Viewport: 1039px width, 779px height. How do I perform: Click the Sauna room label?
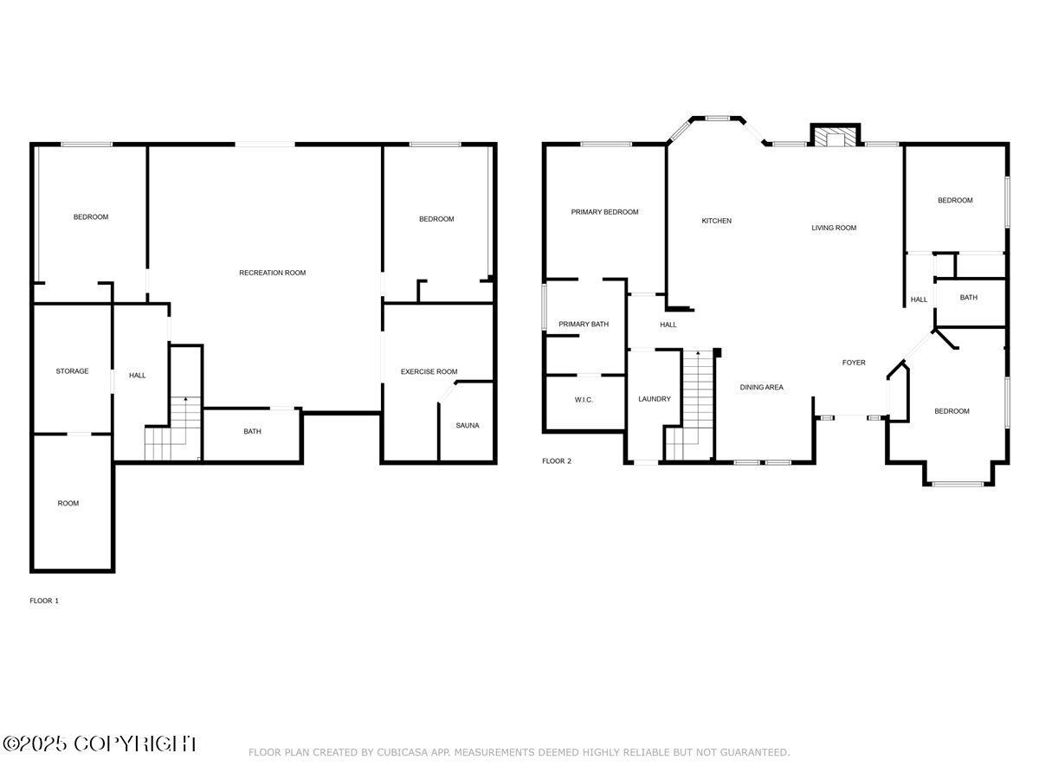(468, 425)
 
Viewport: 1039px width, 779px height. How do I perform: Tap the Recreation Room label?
(273, 273)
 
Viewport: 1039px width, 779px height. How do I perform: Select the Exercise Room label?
(429, 371)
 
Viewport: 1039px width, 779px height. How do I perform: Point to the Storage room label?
(72, 371)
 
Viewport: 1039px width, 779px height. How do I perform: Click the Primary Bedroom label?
(604, 212)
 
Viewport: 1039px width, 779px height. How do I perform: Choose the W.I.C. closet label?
(584, 400)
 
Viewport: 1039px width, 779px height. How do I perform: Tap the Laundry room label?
(655, 399)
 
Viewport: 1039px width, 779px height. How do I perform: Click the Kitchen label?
(716, 221)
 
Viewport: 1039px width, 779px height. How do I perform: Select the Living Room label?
(834, 228)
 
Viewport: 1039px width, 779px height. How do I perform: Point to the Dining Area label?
(762, 387)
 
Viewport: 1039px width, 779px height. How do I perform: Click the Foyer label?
(854, 363)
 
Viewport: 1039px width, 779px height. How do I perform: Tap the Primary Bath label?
(584, 325)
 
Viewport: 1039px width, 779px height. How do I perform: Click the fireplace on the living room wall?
(836, 138)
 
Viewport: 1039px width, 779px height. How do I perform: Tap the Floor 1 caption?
(44, 600)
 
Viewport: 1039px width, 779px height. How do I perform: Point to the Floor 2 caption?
(557, 461)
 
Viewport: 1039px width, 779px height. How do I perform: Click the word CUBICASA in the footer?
(405, 753)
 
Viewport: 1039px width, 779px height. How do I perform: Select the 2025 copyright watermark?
(100, 744)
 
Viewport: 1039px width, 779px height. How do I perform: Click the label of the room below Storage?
(68, 503)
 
